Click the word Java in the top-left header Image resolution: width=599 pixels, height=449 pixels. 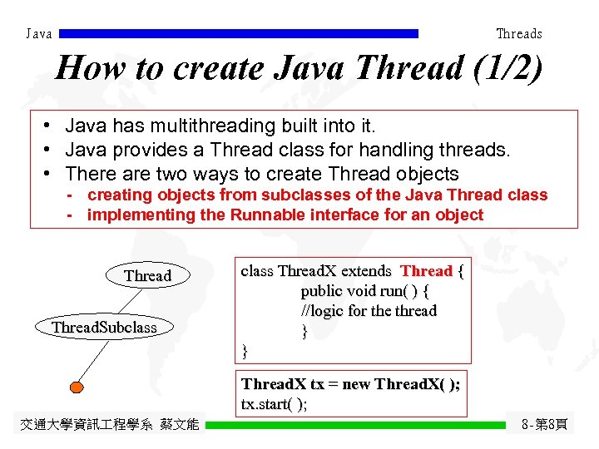pyautogui.click(x=39, y=34)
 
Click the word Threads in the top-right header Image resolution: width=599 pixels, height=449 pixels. pyautogui.click(x=518, y=34)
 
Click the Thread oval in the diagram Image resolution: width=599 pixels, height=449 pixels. pyautogui.click(x=147, y=275)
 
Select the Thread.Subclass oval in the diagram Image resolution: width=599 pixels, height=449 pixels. pyautogui.click(x=104, y=327)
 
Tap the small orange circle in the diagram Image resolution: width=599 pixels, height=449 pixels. pyautogui.click(x=77, y=386)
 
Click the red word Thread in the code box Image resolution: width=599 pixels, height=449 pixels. pyautogui.click(x=426, y=271)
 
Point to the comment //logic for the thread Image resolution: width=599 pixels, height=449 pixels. pyautogui.click(x=369, y=311)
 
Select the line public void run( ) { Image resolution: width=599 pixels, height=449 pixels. pyautogui.click(x=364, y=291)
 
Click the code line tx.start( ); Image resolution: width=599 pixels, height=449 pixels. pyautogui.click(x=274, y=404)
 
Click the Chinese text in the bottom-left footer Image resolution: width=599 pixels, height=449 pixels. pyautogui.click(x=109, y=425)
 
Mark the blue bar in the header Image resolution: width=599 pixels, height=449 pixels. pyautogui.click(x=239, y=34)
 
